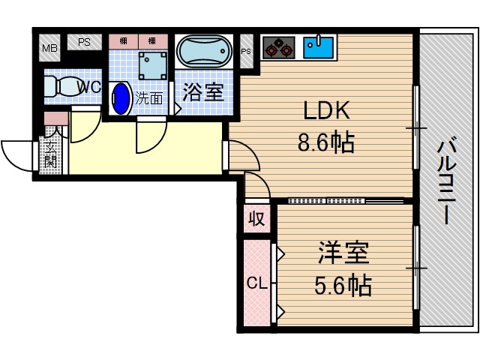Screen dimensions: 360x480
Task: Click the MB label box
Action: pyautogui.click(x=49, y=49)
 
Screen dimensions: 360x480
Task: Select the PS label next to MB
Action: pyautogui.click(x=84, y=43)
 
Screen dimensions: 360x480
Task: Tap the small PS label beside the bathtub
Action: pyautogui.click(x=247, y=51)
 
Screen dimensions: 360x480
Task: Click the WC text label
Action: pyautogui.click(x=91, y=87)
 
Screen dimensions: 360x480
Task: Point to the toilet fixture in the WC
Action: pyautogui.click(x=59, y=85)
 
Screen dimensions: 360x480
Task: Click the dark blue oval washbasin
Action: pyautogui.click(x=121, y=98)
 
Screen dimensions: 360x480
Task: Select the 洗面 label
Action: pyautogui.click(x=148, y=97)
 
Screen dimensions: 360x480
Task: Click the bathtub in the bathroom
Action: pyautogui.click(x=205, y=52)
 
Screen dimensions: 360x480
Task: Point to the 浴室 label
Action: pyautogui.click(x=203, y=92)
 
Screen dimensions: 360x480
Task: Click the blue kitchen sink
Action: pyautogui.click(x=319, y=47)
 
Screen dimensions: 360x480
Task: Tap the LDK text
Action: pyautogui.click(x=326, y=112)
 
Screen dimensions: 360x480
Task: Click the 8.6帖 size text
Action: pyautogui.click(x=326, y=141)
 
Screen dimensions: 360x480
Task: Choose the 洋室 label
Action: pyautogui.click(x=343, y=253)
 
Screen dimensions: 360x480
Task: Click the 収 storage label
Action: pyautogui.click(x=256, y=219)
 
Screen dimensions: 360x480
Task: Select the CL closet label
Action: pyautogui.click(x=255, y=283)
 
